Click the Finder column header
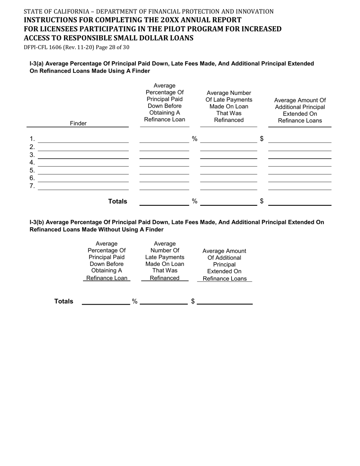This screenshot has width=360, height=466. point(78,123)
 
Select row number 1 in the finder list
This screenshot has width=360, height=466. point(32,139)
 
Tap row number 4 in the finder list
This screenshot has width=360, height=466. point(32,163)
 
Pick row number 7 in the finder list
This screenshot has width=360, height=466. point(32,186)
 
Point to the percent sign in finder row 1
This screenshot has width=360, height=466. point(194,139)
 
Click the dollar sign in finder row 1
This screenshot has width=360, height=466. point(261,139)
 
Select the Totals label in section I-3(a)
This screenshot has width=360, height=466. point(117,202)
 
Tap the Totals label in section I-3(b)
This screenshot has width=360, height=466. point(64,302)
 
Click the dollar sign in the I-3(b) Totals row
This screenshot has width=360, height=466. point(193,302)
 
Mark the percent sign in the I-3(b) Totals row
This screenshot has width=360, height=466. point(135,302)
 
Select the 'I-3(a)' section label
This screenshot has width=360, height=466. point(37,64)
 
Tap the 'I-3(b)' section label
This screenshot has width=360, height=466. point(37,222)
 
